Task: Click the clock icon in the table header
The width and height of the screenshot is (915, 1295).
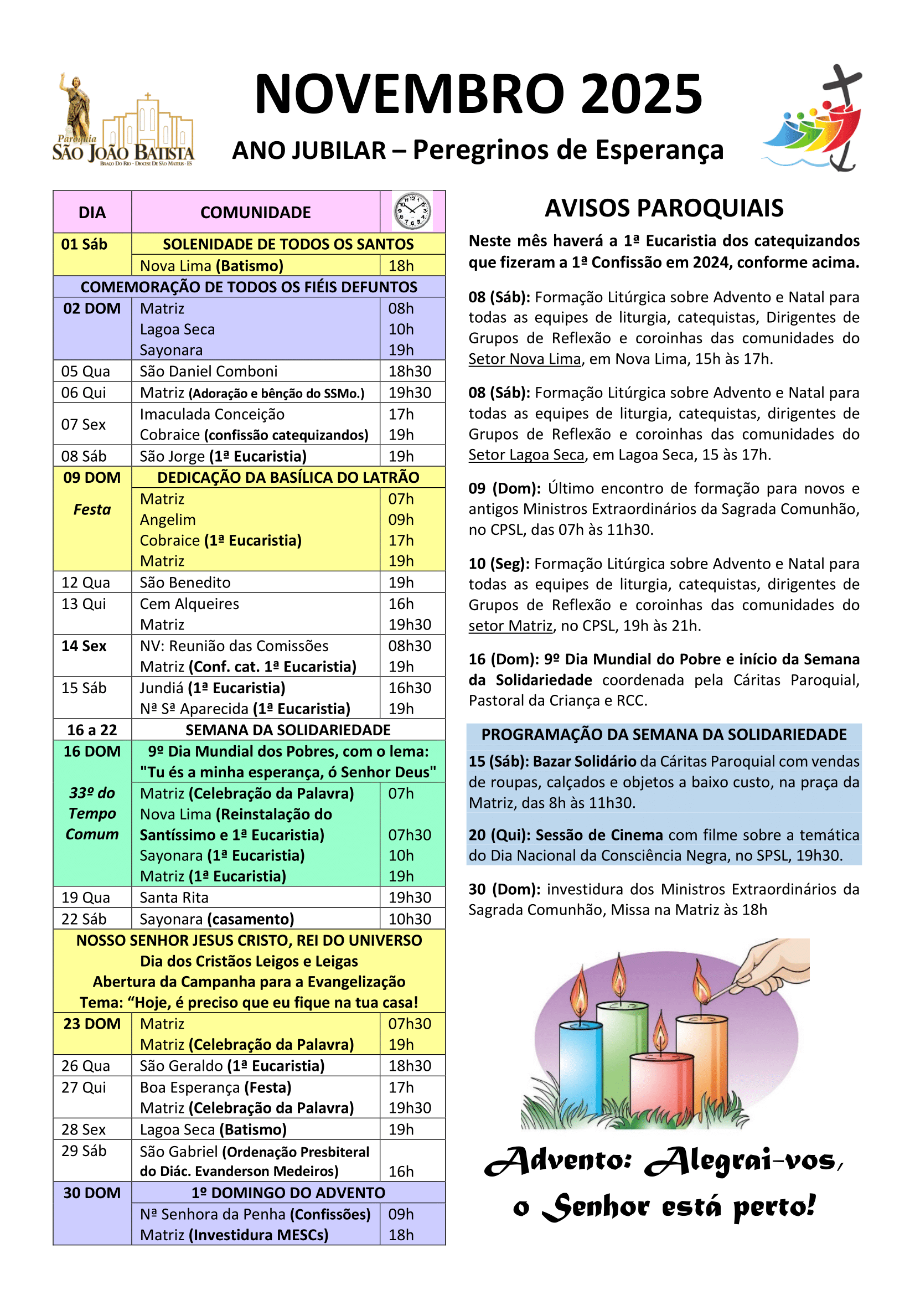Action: coord(412,211)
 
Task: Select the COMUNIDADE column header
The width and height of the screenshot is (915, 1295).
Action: coord(255,213)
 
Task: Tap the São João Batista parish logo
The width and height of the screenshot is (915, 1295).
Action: coord(123,121)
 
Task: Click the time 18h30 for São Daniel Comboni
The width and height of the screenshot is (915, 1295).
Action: coord(410,371)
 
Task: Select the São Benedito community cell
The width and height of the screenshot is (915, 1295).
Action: coord(185,582)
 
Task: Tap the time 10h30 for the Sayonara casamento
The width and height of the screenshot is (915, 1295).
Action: coord(410,919)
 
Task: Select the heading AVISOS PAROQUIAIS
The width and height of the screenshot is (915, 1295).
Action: coord(664,208)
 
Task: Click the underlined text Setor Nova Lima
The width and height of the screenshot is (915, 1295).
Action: coord(524,359)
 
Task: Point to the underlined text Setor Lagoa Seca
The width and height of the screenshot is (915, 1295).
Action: coord(526,455)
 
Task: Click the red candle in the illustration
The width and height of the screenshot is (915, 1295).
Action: coord(662,1091)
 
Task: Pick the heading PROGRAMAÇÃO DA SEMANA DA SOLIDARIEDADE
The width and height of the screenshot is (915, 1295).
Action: coord(664,734)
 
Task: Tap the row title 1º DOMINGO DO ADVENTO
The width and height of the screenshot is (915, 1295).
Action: coord(288,1193)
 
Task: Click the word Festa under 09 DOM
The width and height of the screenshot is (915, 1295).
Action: coord(92,510)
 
